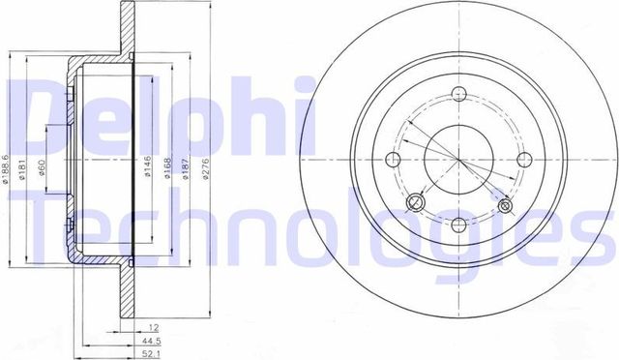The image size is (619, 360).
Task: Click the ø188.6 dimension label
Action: point(7,167)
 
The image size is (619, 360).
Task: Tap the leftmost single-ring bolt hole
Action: point(394,161)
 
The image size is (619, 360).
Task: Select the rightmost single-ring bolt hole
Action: point(524,161)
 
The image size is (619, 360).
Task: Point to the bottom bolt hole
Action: point(459,225)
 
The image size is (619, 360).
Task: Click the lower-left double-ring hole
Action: point(417,201)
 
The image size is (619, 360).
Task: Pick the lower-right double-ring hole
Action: point(505,204)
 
